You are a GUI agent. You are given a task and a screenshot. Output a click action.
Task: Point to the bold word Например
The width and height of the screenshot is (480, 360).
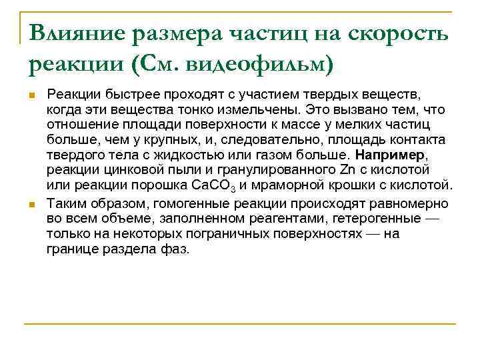(x=386, y=155)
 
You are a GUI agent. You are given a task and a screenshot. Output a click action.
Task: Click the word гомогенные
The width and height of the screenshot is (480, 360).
(x=167, y=203)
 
